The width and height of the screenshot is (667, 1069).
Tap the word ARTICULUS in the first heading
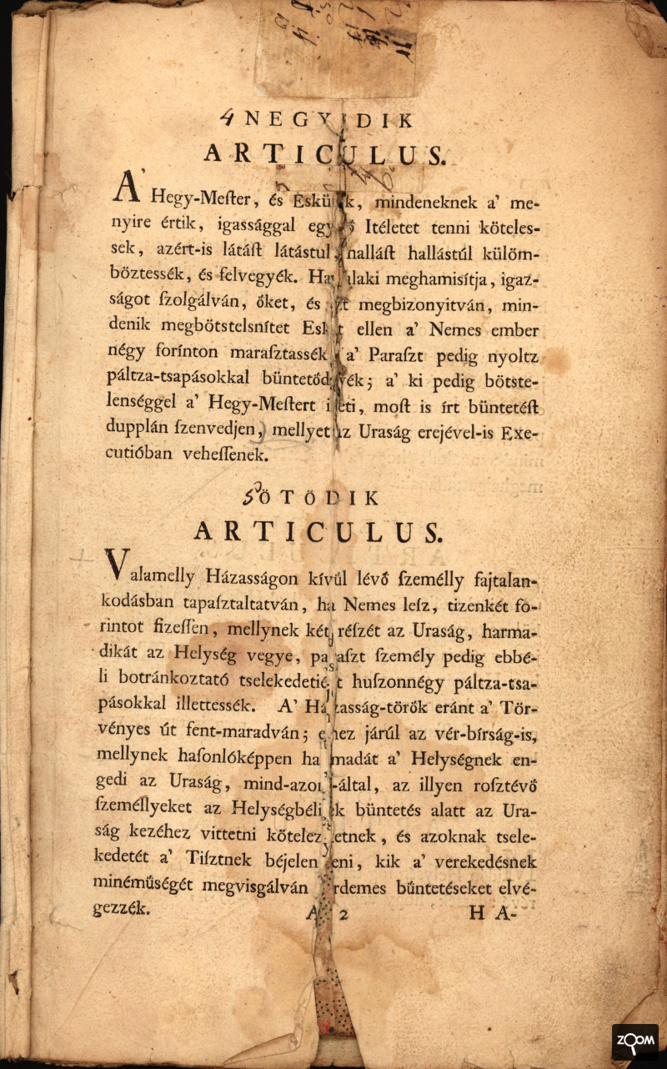click(326, 155)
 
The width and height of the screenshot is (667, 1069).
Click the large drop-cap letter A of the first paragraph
click(125, 191)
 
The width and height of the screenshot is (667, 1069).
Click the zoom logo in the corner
click(634, 1041)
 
